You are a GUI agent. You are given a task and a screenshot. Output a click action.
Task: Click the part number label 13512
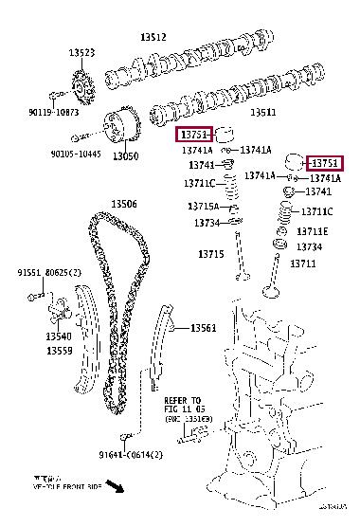153,37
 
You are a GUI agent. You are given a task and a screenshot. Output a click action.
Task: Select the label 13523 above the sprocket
81,53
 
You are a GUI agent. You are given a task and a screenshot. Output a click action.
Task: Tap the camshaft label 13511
262,112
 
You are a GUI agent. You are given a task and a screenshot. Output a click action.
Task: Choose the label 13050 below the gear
126,155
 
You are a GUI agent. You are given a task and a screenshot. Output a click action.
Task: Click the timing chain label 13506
124,204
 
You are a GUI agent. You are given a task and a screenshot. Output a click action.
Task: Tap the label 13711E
312,231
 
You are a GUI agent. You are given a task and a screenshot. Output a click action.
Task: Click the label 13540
59,336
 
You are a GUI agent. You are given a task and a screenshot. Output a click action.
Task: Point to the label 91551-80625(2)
44,274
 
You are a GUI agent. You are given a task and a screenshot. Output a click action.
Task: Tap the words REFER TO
183,400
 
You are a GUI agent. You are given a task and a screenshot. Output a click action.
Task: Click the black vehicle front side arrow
116,487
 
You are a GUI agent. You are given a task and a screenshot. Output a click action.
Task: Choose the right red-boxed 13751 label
326,163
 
